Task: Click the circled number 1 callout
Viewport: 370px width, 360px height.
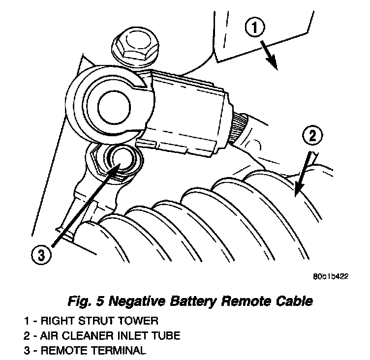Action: [x=254, y=28]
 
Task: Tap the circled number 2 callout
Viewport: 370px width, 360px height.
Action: [x=312, y=136]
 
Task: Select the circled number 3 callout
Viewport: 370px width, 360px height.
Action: [x=41, y=255]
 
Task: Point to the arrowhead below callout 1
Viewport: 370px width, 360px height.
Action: [x=273, y=62]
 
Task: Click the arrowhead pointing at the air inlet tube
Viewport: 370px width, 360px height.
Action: [x=299, y=189]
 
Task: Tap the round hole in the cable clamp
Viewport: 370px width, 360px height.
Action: [x=114, y=107]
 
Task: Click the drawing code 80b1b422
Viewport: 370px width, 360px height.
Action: [x=331, y=276]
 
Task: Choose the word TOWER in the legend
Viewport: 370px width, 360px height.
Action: [x=138, y=321]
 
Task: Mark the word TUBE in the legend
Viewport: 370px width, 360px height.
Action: [x=166, y=335]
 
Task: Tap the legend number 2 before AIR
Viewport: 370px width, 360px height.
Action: [x=27, y=335]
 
